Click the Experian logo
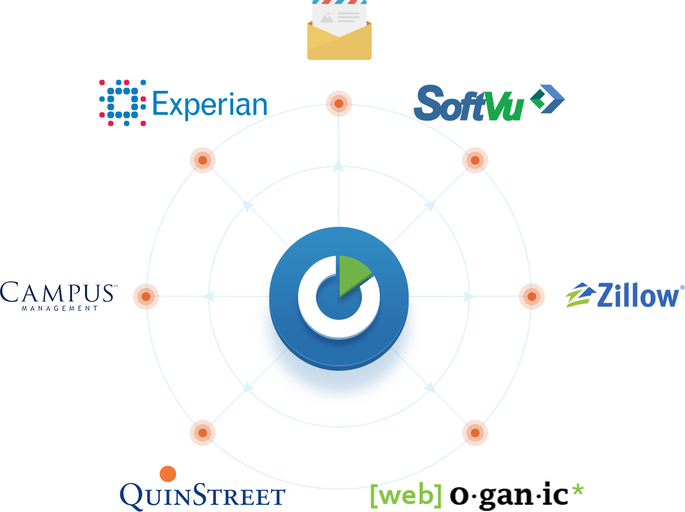[183, 103]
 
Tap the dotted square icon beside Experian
[123, 103]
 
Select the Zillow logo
[625, 295]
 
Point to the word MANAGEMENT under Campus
[60, 308]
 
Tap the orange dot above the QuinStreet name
[168, 473]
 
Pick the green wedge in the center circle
[351, 274]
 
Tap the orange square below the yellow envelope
[339, 104]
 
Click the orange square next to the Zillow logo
[532, 297]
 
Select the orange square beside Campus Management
[146, 297]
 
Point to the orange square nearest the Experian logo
[203, 160]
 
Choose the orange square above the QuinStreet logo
[203, 433]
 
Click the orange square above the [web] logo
[475, 433]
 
